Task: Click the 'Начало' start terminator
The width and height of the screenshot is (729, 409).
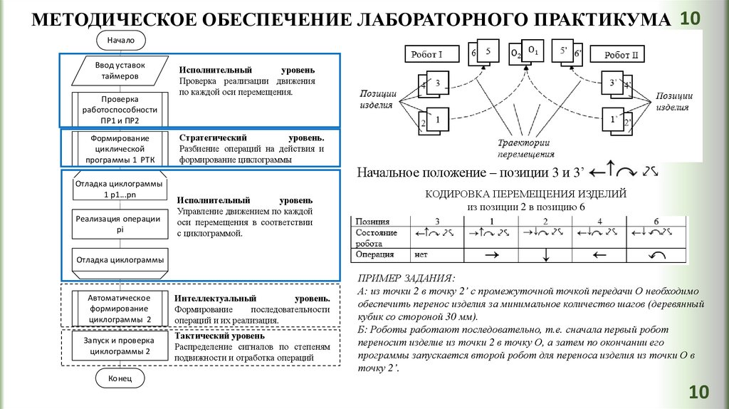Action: point(120,41)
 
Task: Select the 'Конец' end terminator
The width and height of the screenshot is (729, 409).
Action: point(120,378)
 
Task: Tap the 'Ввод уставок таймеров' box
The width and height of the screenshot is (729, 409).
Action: point(120,70)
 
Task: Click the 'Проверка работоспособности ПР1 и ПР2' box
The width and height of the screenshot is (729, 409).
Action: point(120,110)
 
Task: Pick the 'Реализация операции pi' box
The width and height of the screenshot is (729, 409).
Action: point(120,224)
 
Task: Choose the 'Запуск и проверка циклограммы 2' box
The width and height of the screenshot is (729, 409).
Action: point(120,346)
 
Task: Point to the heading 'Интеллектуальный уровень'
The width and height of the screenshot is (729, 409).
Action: point(253,298)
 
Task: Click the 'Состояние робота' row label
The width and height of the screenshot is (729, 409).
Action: point(377,237)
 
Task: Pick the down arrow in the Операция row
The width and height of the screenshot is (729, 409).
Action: point(544,254)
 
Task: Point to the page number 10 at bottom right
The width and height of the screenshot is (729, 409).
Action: point(698,391)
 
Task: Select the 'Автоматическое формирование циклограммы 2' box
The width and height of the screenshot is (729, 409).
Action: point(120,309)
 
